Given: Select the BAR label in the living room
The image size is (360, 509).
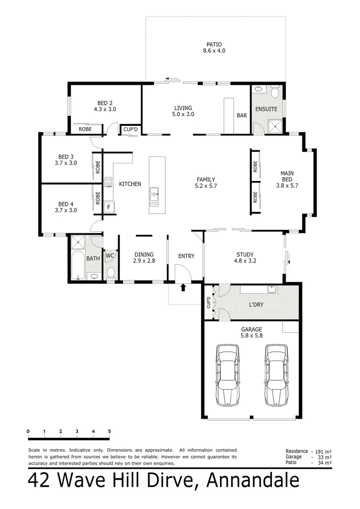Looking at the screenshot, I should (x=242, y=115).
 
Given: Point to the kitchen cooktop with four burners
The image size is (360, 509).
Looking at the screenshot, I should (x=108, y=182).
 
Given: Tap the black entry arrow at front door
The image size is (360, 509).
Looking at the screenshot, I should (x=183, y=287).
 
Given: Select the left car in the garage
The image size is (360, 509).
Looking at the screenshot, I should (x=228, y=375).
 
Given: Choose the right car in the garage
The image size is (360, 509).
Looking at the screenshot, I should (x=276, y=375).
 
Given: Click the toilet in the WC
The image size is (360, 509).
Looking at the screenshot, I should (x=111, y=273).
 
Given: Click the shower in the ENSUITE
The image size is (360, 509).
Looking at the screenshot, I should (x=274, y=126).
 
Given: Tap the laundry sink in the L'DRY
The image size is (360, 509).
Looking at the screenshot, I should (x=271, y=289).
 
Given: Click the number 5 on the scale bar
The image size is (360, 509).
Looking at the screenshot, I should (x=109, y=431).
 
